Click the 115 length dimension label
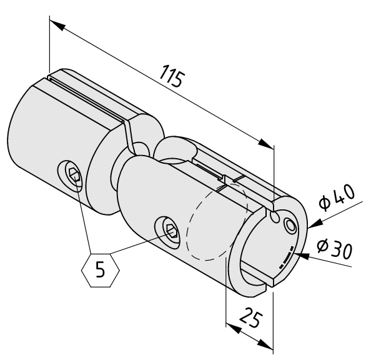coord(172,76)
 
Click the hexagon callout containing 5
coord(101,270)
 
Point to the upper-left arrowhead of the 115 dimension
coord(57,25)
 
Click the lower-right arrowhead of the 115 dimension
coord(266,144)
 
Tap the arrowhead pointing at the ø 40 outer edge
coord(315,223)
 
